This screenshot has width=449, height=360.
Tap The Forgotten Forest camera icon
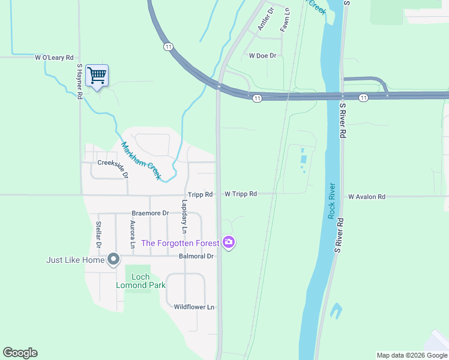(x=229, y=242)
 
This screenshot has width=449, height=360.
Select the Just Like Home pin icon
(x=113, y=259)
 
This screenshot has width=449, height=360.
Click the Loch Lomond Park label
(x=140, y=281)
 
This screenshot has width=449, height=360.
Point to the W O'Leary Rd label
(x=54, y=58)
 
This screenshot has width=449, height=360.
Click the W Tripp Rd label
(x=241, y=194)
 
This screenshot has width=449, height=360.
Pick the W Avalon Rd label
(x=367, y=196)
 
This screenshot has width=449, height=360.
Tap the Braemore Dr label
(x=150, y=213)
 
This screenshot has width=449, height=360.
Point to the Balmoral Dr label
(x=196, y=256)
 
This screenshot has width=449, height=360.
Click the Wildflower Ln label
(x=194, y=307)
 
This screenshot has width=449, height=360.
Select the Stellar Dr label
(x=98, y=235)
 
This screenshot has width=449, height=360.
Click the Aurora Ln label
(x=133, y=235)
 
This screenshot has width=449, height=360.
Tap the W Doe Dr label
(x=262, y=56)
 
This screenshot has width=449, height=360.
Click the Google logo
(x=20, y=353)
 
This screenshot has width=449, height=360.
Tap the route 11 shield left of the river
(x=257, y=98)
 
